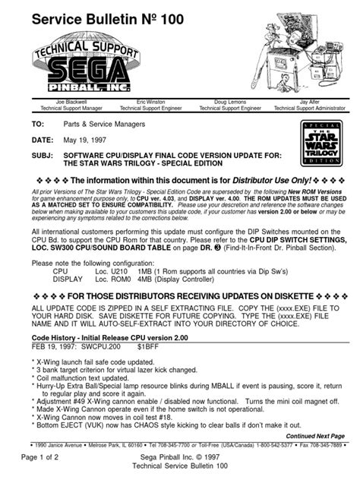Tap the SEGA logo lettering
[83, 73]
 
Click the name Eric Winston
[152, 101]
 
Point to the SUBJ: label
[43, 153]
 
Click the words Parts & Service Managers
[113, 122]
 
